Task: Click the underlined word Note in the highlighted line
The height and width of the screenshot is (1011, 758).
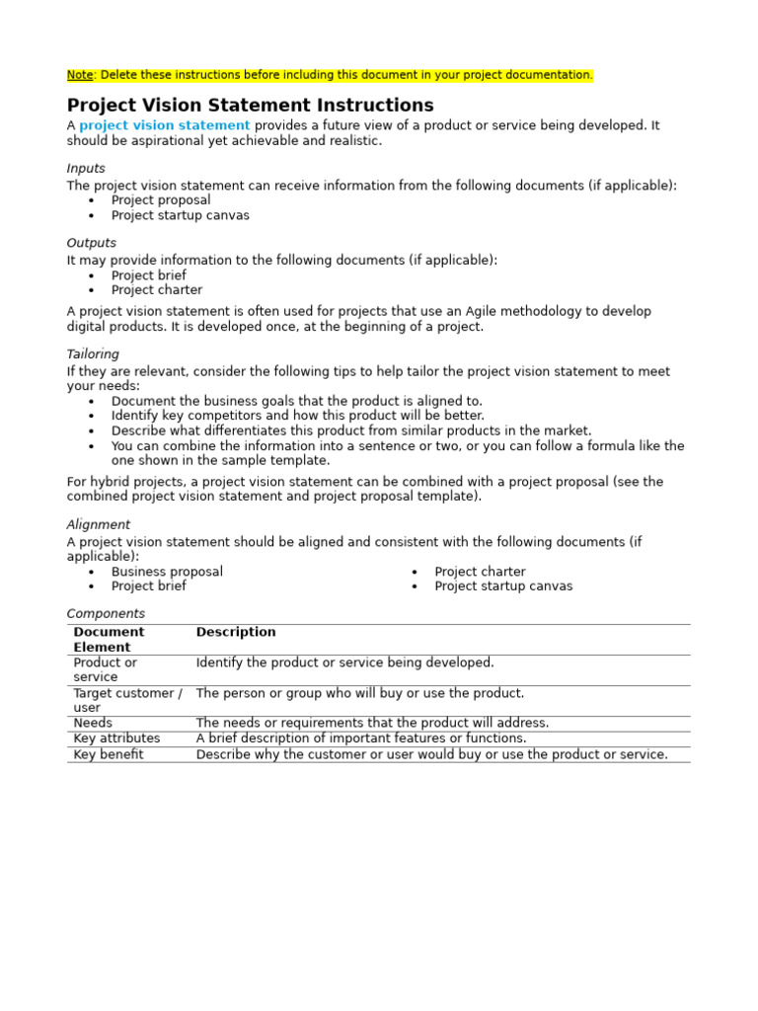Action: pos(79,75)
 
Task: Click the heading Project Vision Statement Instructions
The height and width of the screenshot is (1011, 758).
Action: pos(250,106)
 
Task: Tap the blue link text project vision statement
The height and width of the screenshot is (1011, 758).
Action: pos(164,125)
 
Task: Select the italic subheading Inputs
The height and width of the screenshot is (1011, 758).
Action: pos(86,169)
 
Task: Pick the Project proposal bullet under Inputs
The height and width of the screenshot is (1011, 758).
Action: pos(161,200)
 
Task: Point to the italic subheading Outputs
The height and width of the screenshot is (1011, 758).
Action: pos(91,243)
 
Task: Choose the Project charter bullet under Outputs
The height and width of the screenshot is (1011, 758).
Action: pos(157,290)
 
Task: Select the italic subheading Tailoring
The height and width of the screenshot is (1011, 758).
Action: pos(93,354)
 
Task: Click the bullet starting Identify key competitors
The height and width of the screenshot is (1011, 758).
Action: pos(297,416)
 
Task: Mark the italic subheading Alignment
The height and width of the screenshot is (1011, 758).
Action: pos(98,525)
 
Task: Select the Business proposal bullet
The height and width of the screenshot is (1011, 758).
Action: pos(167,572)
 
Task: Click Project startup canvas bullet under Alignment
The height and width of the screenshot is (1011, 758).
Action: pos(503,586)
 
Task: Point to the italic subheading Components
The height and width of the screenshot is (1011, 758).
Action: pos(106,614)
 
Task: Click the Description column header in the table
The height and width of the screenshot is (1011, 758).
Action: pos(236,632)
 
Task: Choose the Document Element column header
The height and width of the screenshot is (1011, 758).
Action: pos(109,640)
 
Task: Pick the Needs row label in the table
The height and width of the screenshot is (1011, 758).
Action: pos(93,723)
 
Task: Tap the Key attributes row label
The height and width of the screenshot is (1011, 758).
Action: pos(116,739)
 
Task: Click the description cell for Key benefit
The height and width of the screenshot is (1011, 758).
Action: pos(431,754)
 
